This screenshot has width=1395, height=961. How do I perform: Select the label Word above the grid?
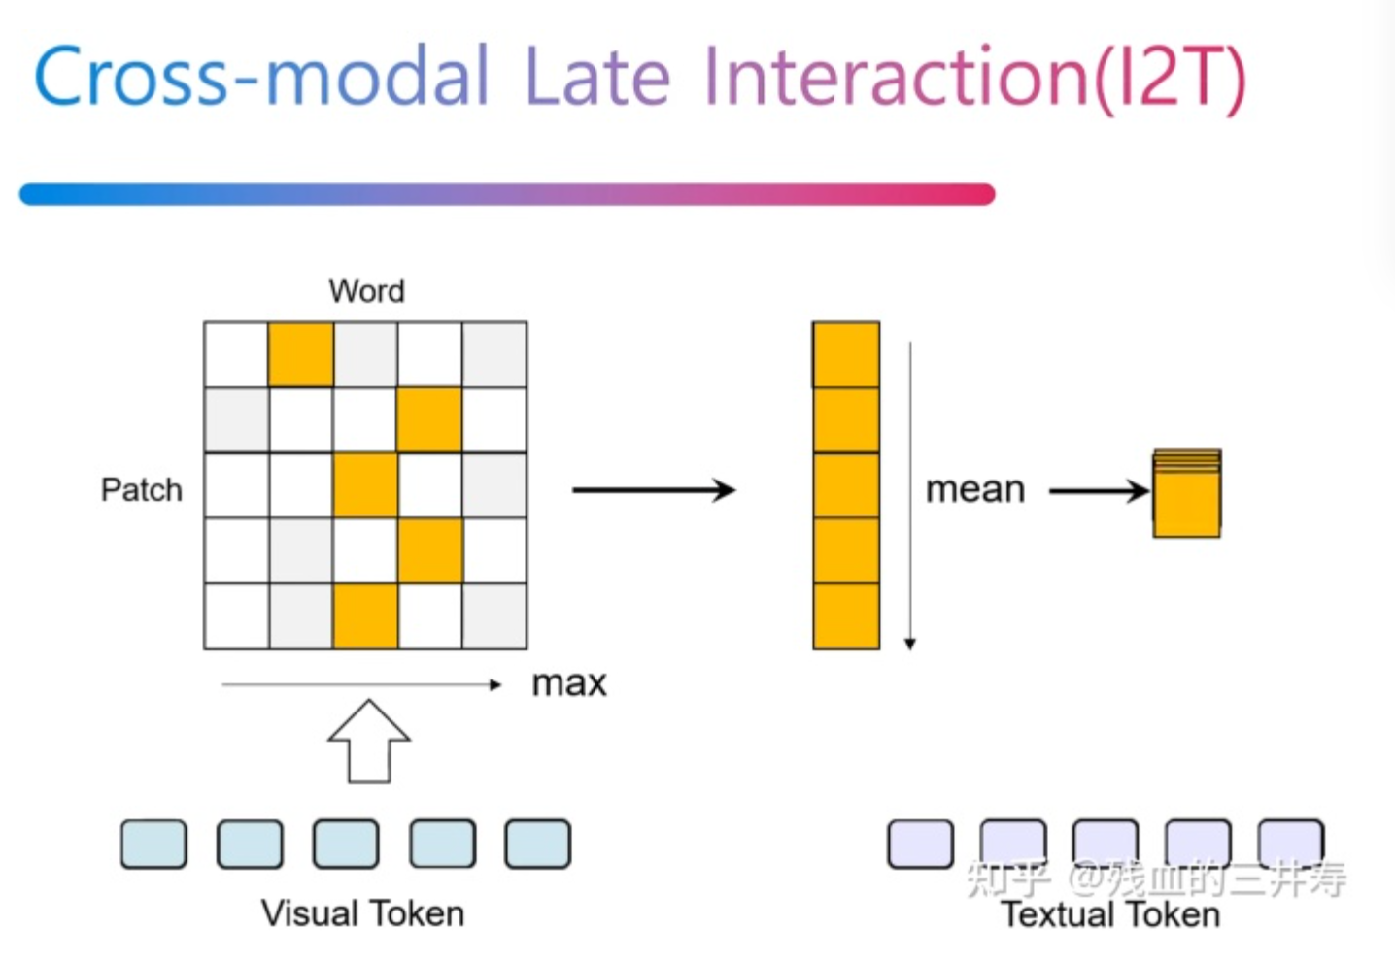point(366,291)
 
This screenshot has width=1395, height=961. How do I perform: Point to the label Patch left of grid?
point(142,489)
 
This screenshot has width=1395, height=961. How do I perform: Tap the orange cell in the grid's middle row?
point(365,485)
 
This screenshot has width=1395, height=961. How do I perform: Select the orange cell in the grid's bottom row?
point(365,616)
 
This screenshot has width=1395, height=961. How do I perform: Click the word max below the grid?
point(569,683)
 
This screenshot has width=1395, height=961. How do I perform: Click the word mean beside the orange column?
point(975,489)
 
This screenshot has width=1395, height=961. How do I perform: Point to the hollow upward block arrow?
point(369,743)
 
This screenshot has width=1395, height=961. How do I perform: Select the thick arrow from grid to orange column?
point(653,490)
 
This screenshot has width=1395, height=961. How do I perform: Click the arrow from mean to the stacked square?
point(1098,491)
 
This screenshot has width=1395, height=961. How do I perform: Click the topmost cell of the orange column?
point(846,355)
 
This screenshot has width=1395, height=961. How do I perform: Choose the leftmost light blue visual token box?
point(153,844)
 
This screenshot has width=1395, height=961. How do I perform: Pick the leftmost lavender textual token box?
point(920,844)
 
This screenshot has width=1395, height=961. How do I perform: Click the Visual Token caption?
point(362,913)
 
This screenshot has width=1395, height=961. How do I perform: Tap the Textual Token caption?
point(1110,915)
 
